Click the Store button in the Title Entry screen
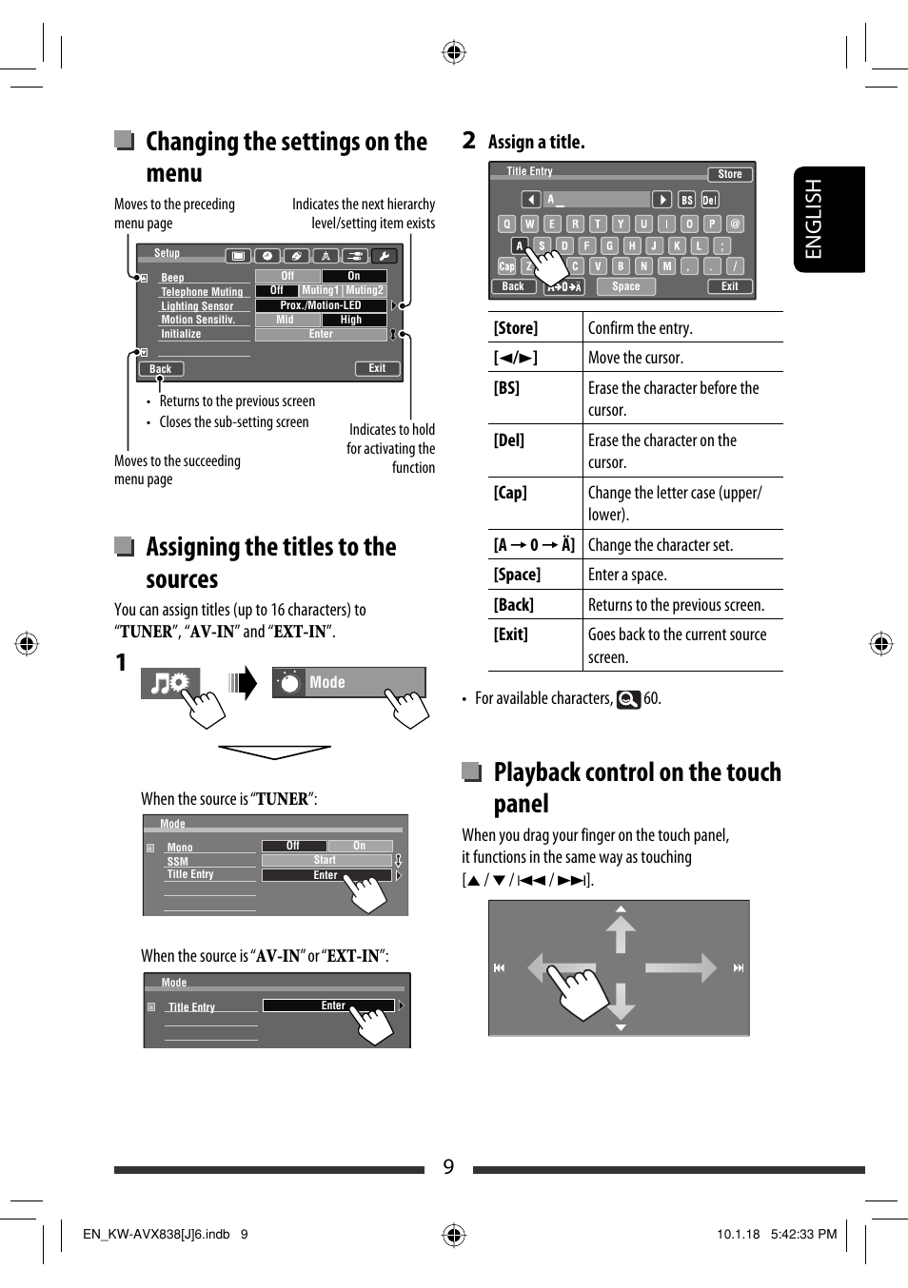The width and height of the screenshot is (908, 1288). [730, 174]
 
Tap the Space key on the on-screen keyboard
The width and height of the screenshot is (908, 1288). [625, 286]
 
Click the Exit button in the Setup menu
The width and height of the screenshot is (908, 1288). [377, 368]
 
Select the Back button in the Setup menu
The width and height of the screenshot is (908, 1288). [161, 369]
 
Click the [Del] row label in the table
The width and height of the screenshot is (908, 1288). [509, 440]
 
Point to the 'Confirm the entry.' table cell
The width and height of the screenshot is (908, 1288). [640, 328]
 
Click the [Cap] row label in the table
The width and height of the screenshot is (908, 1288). [510, 493]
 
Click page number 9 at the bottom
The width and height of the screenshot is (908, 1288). [448, 1167]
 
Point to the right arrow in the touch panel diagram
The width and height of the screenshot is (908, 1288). [681, 967]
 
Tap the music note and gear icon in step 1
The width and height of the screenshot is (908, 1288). [169, 683]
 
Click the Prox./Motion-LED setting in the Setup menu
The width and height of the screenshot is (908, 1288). [321, 305]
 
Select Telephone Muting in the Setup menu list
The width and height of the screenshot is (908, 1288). [202, 292]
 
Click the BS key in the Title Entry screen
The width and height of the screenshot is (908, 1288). [687, 200]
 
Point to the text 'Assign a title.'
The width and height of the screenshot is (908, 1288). [536, 142]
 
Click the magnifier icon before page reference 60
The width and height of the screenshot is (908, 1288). [628, 699]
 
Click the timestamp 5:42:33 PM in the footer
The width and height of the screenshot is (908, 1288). [803, 1234]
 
